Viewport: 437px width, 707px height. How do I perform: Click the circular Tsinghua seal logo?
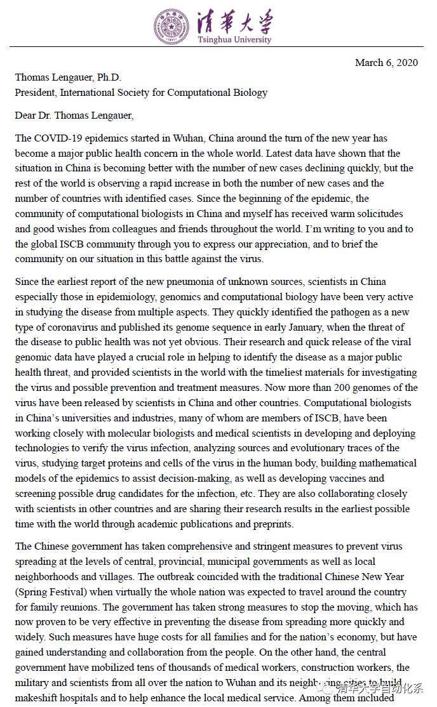pos(171,27)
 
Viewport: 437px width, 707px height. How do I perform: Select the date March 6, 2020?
pos(386,62)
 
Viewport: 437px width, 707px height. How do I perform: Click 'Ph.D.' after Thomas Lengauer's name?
pos(112,77)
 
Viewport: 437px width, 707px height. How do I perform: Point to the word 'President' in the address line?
pos(36,93)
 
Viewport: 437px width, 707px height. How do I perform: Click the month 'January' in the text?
pos(281,327)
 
